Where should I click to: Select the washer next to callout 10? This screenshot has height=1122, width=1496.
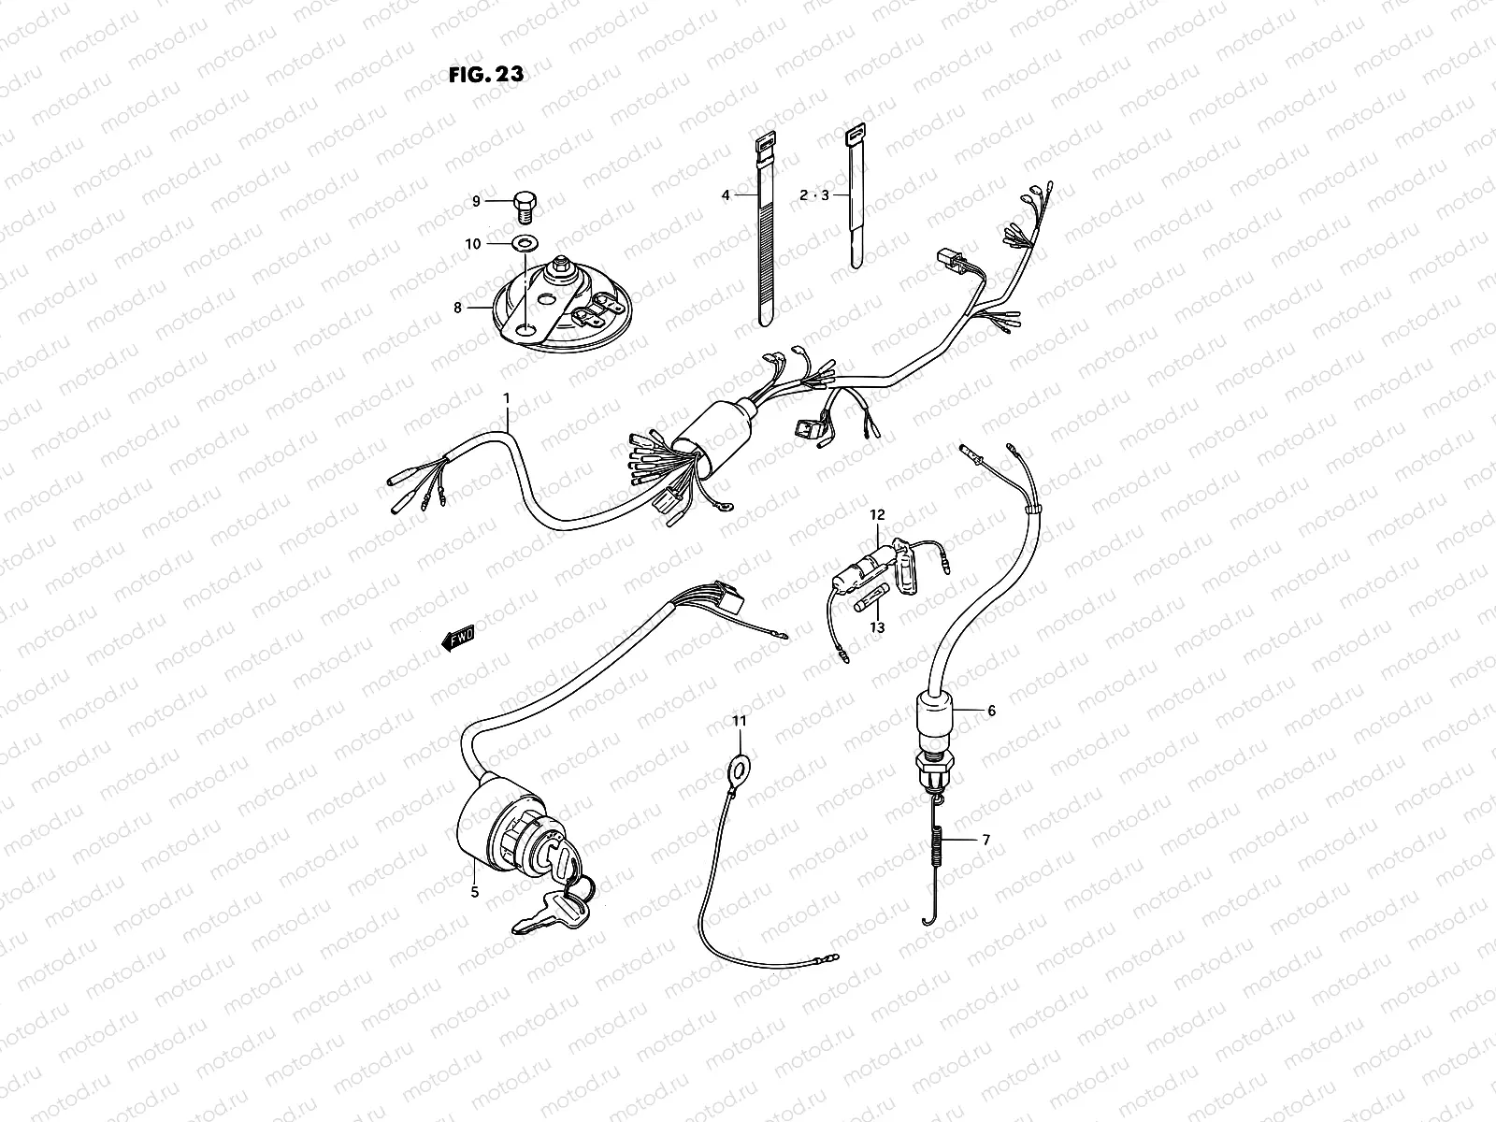point(524,244)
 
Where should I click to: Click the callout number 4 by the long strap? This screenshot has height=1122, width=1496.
point(725,196)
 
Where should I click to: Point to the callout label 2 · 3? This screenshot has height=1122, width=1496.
point(813,196)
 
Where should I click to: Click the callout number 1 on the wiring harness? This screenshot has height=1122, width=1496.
point(507,397)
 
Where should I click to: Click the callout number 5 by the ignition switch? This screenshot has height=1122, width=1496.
point(474,892)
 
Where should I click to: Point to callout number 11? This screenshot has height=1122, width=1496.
point(740,721)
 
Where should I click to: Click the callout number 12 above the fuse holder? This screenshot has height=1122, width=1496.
point(876,515)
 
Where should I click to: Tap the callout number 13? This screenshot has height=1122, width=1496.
point(876,628)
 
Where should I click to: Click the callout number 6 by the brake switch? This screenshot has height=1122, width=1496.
point(991,711)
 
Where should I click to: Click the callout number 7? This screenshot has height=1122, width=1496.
point(985,840)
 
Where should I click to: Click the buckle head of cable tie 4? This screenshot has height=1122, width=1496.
point(761,145)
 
